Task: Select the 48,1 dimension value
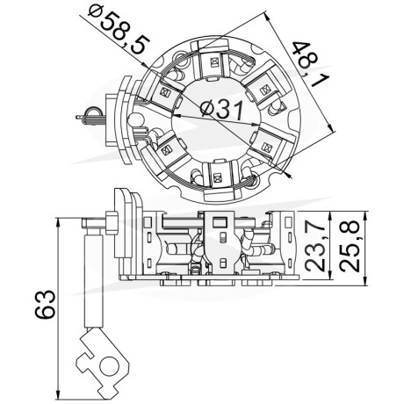(x=311, y=64)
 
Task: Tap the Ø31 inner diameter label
(x=221, y=110)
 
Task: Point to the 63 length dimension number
(x=46, y=304)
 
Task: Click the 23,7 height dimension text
(x=315, y=246)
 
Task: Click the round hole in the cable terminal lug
(x=110, y=365)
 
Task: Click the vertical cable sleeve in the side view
(x=94, y=280)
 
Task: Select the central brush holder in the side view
(x=220, y=242)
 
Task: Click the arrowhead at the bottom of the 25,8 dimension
(x=364, y=280)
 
